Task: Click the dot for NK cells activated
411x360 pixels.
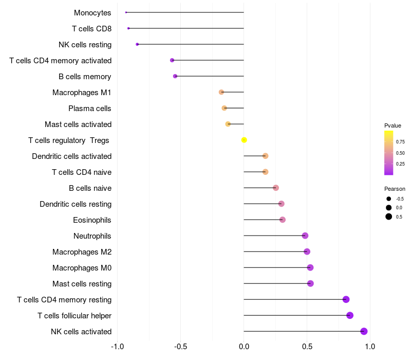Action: pos(364,331)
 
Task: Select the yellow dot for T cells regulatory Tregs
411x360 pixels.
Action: pos(244,140)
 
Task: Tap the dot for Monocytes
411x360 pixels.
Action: pos(126,12)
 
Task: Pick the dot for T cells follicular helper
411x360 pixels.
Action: pos(350,315)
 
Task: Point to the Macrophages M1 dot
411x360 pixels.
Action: pos(221,92)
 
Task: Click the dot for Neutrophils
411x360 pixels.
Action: pos(305,236)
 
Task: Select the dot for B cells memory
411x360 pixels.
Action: pos(175,76)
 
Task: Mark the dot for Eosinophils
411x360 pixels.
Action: pos(283,220)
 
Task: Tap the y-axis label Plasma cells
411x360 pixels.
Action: pos(90,109)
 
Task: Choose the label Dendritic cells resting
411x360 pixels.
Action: pos(76,204)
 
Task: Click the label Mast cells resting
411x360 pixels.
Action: pos(82,284)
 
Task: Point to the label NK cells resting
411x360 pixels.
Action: pos(85,45)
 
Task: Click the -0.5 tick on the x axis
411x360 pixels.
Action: pos(180,346)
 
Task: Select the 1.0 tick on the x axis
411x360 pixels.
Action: pos(370,346)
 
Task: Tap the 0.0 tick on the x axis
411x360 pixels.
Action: pos(244,346)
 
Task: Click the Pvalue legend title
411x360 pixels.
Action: pos(393,125)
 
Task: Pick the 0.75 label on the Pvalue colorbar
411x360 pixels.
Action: pos(400,142)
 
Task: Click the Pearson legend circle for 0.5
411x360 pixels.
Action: pos(389,217)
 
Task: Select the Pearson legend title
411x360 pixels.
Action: pos(395,189)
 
